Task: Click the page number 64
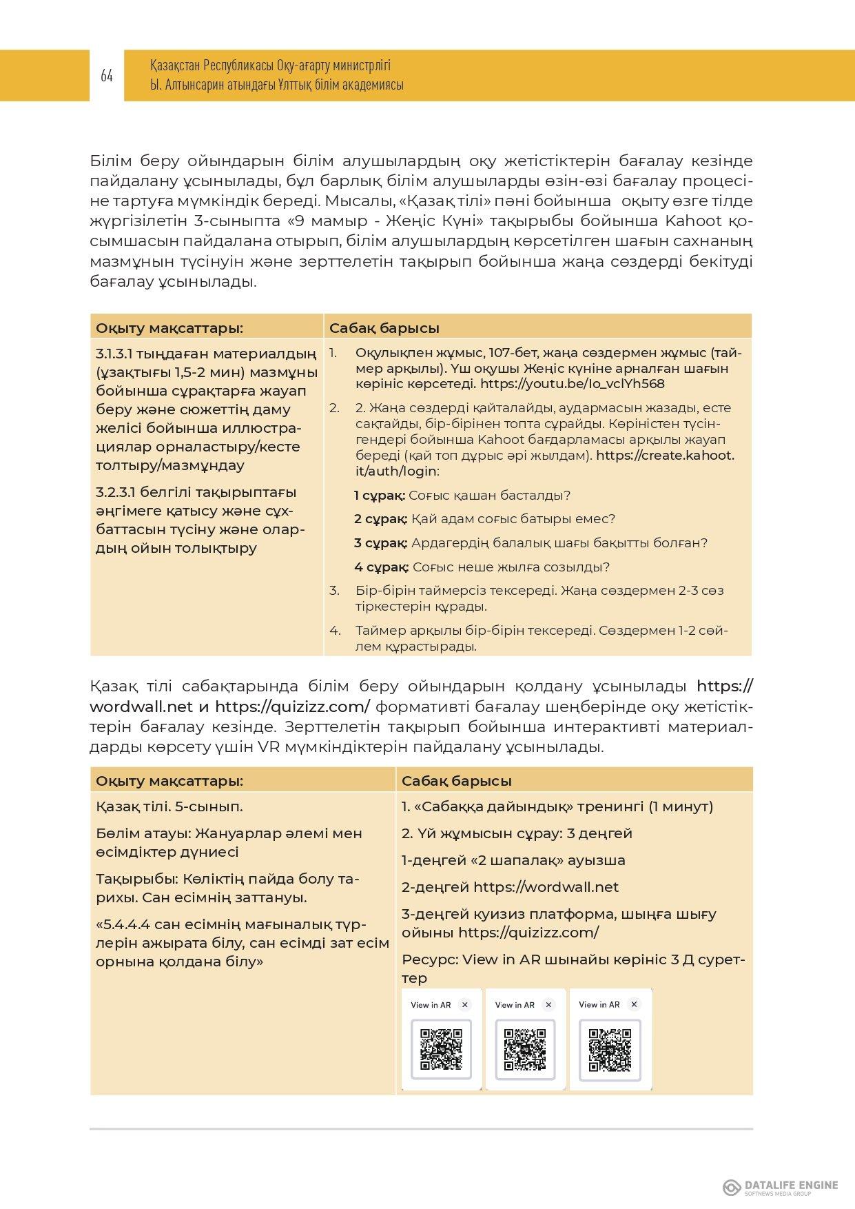[x=106, y=76]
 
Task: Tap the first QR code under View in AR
[x=441, y=1049]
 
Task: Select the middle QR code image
[x=525, y=1049]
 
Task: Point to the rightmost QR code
[x=610, y=1050]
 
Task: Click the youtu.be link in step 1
[x=573, y=384]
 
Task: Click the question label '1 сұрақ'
[x=379, y=496]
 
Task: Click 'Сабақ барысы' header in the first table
[x=384, y=328]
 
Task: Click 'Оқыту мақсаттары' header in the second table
[x=169, y=781]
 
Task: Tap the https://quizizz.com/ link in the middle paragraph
[x=293, y=707]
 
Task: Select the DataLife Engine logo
[x=780, y=1187]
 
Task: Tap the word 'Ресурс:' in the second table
[x=429, y=959]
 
